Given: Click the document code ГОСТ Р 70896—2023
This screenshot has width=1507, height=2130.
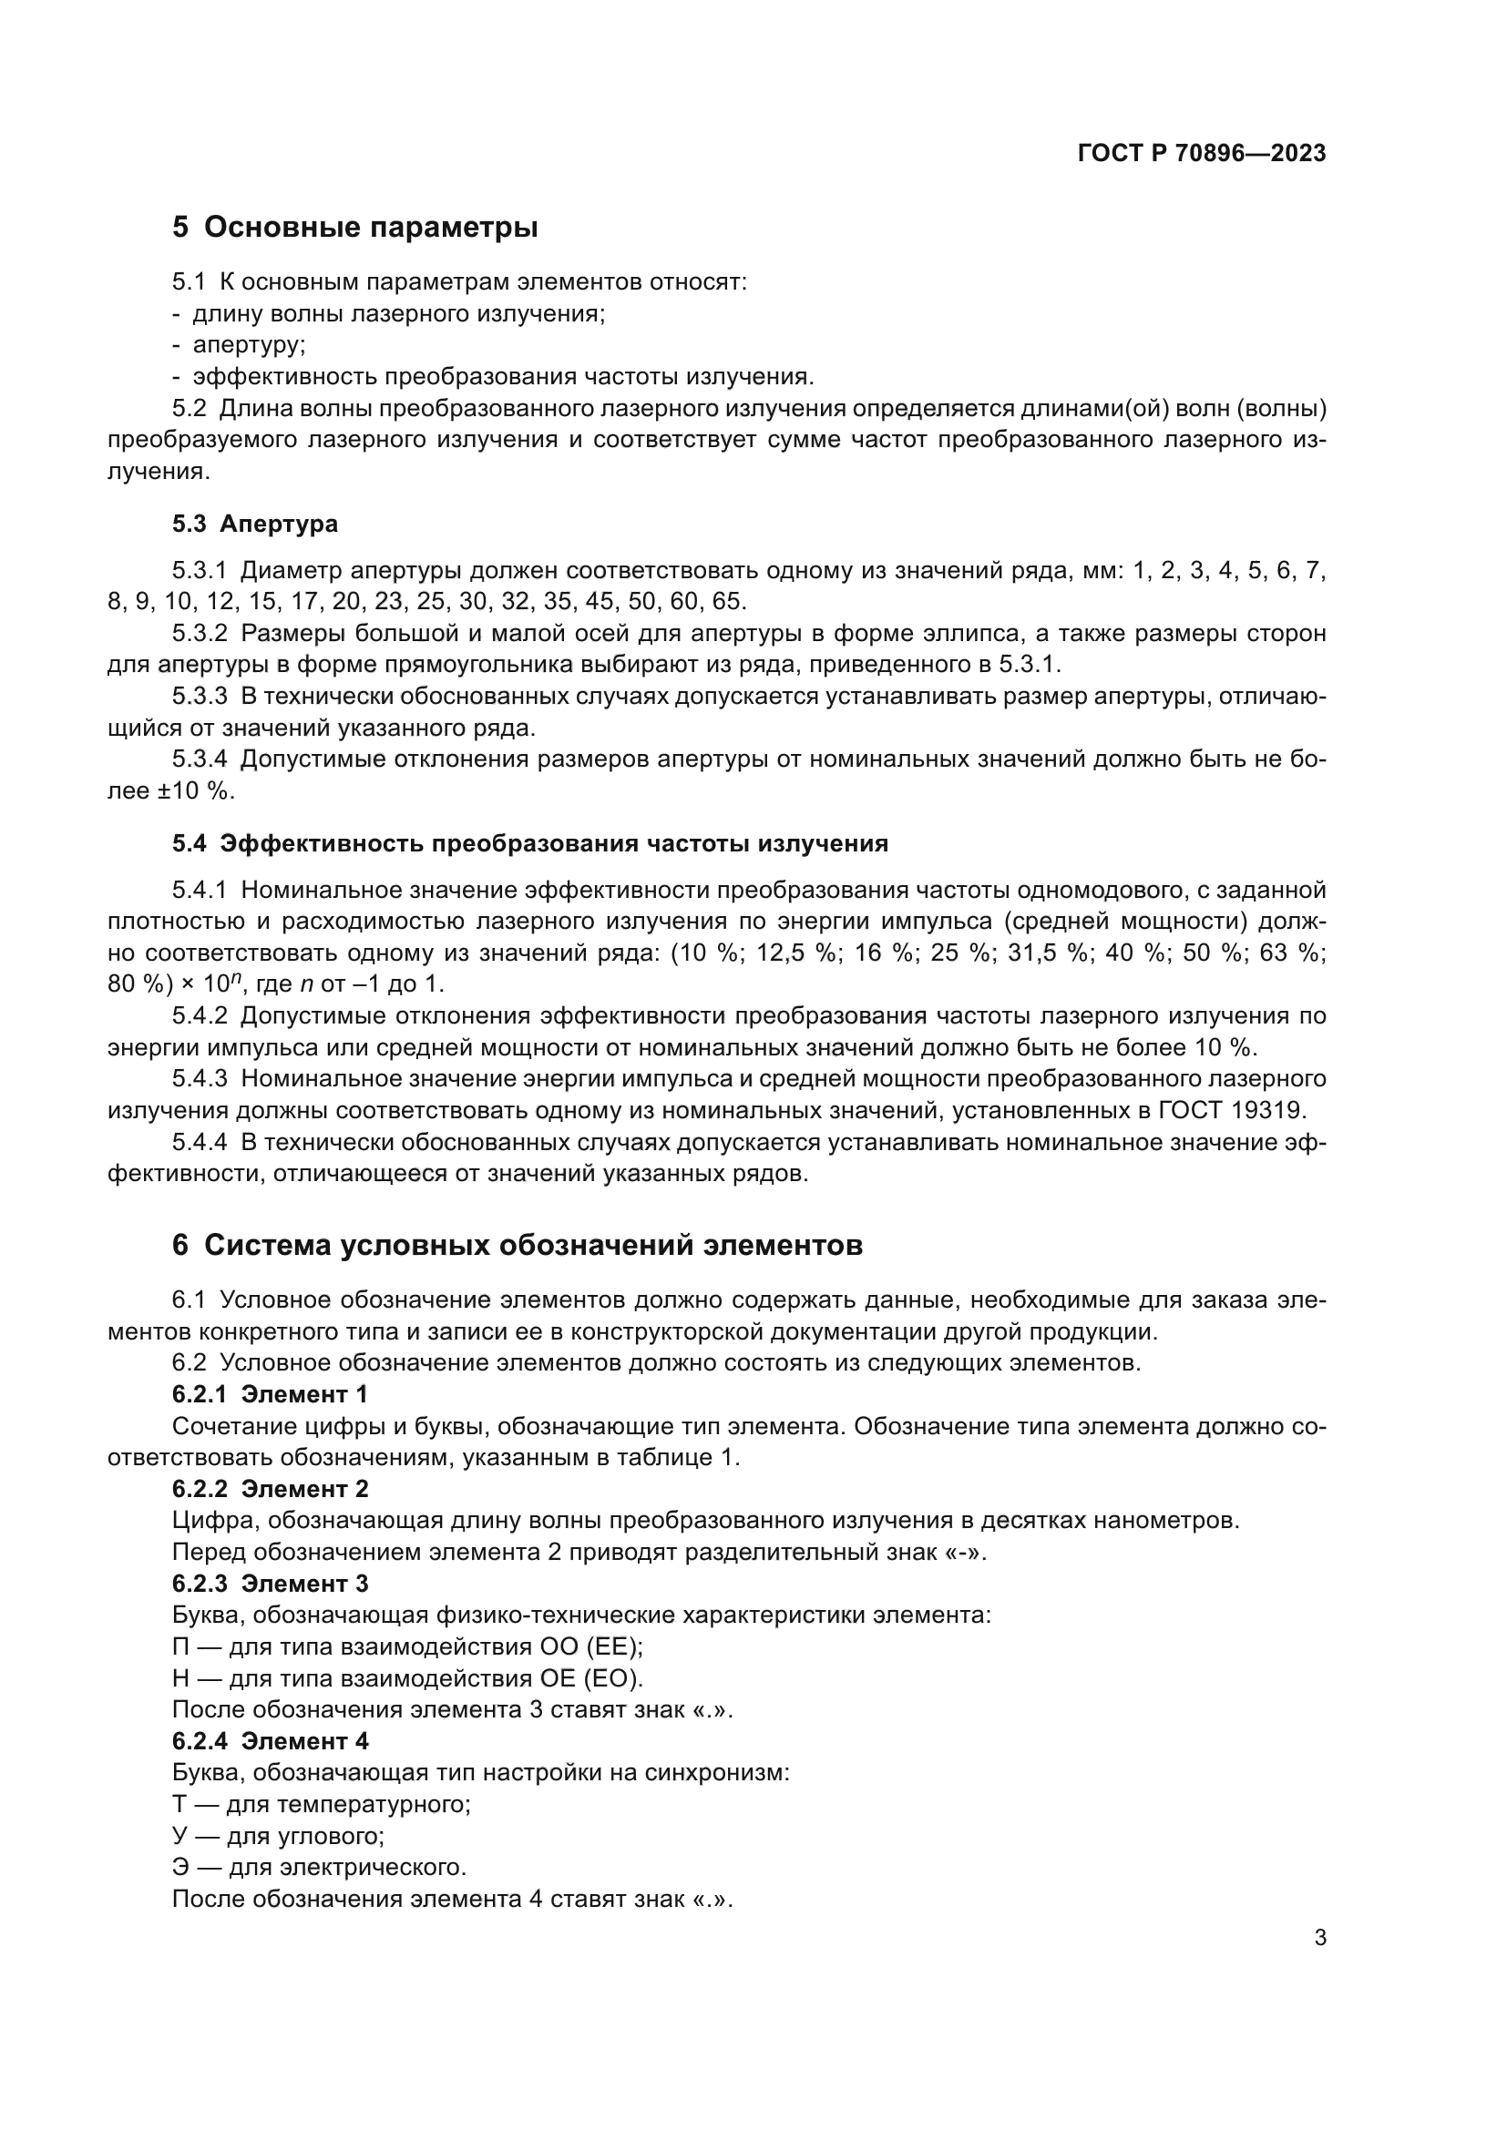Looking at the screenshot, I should coord(1202,153).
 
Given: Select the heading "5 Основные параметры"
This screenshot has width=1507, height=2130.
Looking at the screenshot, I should coord(354,227).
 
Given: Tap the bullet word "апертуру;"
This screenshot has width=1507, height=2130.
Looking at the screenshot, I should coord(249,345).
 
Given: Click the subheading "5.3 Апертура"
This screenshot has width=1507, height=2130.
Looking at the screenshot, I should coord(254,525).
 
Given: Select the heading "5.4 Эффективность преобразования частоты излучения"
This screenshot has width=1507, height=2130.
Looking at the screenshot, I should coord(530,843).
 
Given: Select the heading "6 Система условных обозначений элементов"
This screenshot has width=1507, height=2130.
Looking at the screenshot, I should coord(517,1245).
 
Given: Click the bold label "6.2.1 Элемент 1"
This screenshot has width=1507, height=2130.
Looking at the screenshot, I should coord(269,1394).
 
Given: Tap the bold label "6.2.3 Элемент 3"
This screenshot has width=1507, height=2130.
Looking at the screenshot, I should coord(269,1584).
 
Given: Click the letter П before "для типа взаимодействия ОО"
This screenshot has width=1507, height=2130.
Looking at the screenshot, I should coord(181,1646).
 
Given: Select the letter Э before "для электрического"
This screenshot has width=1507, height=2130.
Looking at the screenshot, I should coord(180,1868).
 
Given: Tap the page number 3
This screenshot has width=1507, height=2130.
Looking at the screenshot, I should coord(1319,1938).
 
